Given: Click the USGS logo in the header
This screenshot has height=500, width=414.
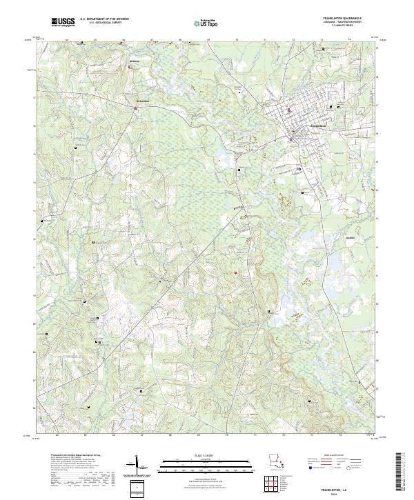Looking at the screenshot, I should [63, 22].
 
